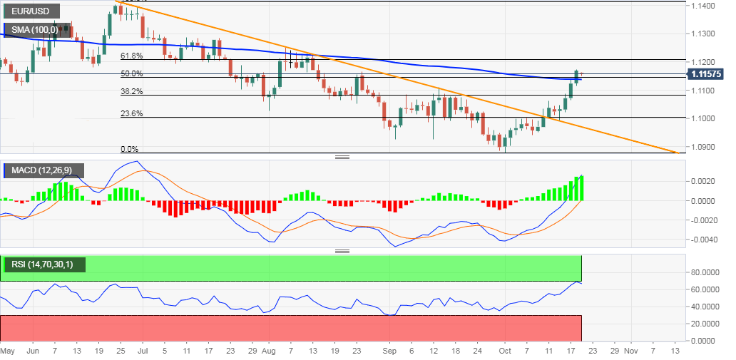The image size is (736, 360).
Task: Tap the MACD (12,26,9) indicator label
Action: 43,171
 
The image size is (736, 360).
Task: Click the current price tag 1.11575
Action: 709,74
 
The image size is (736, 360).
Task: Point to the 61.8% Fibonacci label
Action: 131,56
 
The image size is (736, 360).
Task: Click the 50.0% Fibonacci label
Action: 131,73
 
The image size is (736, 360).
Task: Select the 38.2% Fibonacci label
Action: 131,91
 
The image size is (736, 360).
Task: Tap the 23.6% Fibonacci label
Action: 131,113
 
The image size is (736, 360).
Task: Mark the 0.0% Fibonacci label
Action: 129,149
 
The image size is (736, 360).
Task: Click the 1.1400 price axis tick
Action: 704,6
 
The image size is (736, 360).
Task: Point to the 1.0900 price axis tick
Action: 704,147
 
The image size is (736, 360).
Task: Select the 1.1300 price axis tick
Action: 704,34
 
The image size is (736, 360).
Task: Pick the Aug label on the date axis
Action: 268,351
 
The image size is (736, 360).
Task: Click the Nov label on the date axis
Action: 631,351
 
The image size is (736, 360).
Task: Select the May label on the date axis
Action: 8,351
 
